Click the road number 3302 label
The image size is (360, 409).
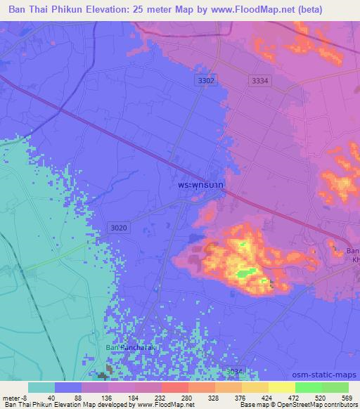(205, 82)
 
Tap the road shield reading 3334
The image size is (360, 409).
(259, 82)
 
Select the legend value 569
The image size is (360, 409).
(346, 397)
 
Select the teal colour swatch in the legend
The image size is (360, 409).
(41, 387)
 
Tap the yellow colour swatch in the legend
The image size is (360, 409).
(281, 387)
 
